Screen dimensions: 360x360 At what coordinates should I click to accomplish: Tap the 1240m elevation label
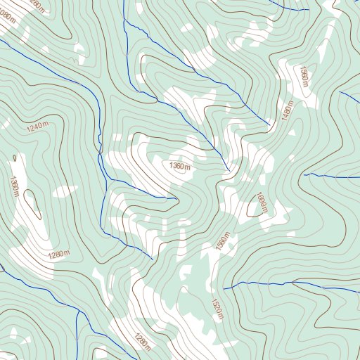pos(37,127)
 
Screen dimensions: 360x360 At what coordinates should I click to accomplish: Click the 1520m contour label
pos(217,308)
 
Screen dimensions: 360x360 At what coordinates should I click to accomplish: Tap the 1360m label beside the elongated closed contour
pos(14,185)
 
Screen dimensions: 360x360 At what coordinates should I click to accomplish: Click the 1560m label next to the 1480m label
pos(304,77)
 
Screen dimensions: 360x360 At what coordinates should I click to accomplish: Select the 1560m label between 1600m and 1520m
pos(223,243)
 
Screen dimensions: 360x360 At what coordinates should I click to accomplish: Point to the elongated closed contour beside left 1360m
pos(30,204)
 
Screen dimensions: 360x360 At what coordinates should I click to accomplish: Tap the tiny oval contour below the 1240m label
pos(13,158)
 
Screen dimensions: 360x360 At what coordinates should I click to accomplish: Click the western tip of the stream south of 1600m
pos(224,288)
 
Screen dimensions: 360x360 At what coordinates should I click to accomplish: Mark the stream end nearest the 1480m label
pos(269,125)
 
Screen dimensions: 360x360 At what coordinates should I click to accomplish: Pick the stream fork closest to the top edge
pos(124,20)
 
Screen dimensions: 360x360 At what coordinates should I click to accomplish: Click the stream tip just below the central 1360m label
pos(174,198)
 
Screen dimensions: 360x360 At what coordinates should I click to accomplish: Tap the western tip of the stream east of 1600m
pos(304,174)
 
